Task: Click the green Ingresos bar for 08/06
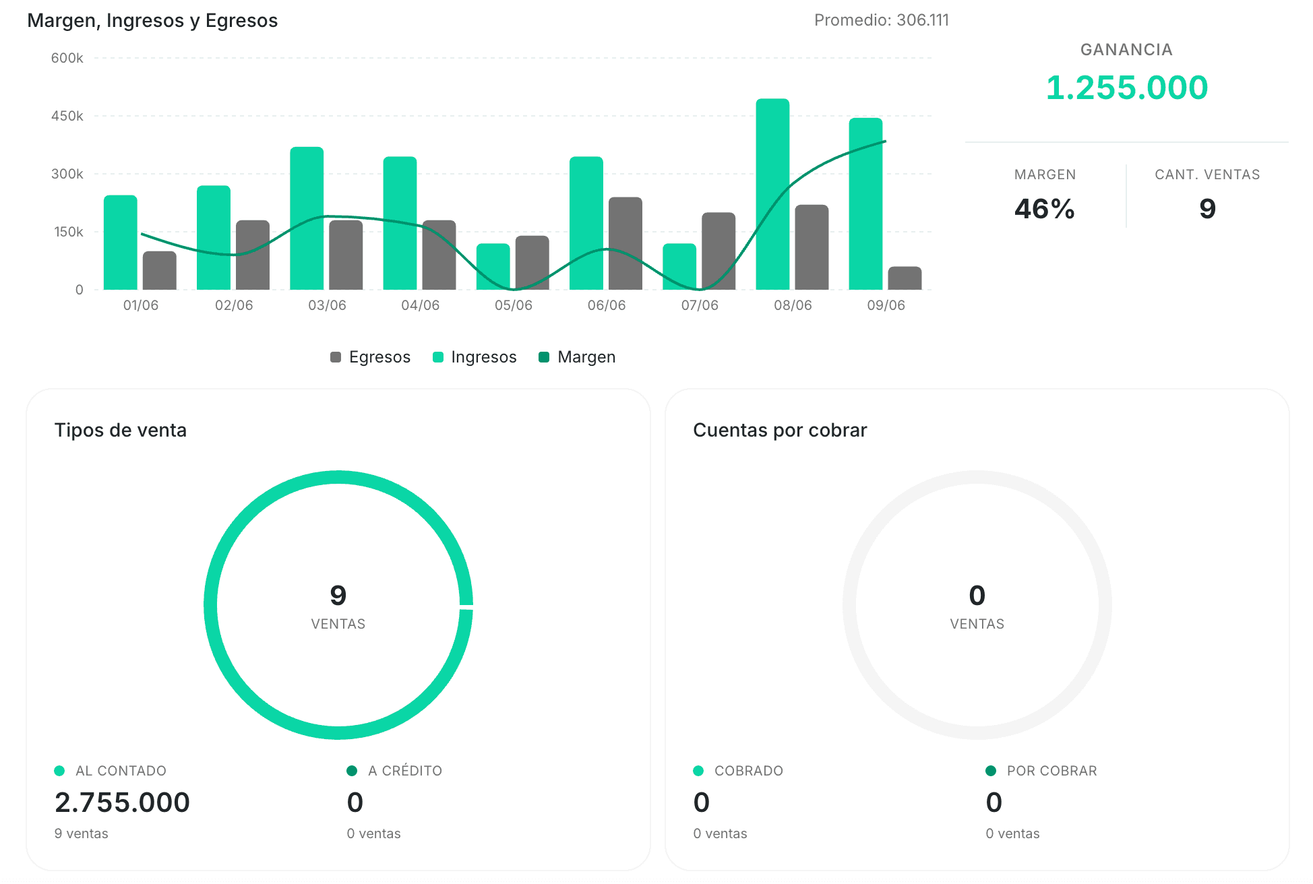pos(772,194)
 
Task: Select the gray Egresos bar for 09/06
pos(905,278)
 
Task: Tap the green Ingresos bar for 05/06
pos(493,267)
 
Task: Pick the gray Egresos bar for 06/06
pos(625,243)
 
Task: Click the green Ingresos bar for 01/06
pos(121,243)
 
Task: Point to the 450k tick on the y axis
pos(67,116)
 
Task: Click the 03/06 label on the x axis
pos(327,305)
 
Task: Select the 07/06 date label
pos(700,305)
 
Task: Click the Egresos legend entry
pos(370,357)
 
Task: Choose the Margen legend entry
pos(577,357)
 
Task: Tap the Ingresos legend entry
pos(475,357)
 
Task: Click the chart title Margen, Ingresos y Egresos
pos(152,21)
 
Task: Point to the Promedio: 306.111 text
pos(882,20)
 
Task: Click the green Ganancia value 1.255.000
pos(1127,88)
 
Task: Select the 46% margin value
pos(1045,209)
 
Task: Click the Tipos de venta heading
pos(121,430)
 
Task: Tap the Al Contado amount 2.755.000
pos(122,802)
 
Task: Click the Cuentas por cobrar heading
pos(780,430)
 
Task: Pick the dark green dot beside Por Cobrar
pos(991,771)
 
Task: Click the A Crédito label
pos(405,771)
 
